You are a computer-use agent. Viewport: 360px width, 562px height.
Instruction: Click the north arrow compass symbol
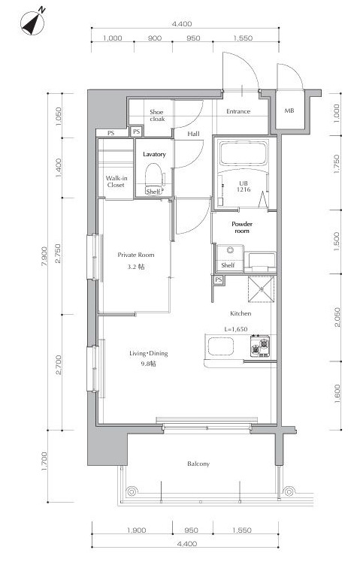pyautogui.click(x=33, y=23)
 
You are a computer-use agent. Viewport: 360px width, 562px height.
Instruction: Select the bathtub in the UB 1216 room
pyautogui.click(x=244, y=153)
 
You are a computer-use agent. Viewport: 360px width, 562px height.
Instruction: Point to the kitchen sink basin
pyautogui.click(x=220, y=346)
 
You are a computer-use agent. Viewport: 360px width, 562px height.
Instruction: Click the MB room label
pyautogui.click(x=289, y=110)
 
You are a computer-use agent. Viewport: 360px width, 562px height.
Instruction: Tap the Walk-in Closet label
pyautogui.click(x=116, y=181)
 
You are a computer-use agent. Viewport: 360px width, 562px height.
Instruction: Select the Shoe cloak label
pyautogui.click(x=156, y=116)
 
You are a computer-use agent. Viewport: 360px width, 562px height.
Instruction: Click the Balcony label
pyautogui.click(x=198, y=464)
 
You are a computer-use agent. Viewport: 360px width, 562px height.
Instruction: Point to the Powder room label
pyautogui.click(x=242, y=228)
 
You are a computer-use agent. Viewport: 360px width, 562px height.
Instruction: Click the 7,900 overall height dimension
pyautogui.click(x=44, y=256)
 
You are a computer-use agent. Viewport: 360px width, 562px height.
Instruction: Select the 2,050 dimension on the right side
pyautogui.click(x=337, y=317)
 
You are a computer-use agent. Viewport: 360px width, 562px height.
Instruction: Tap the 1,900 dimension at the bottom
pyautogui.click(x=136, y=530)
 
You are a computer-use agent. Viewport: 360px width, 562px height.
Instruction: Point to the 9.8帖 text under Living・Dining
pyautogui.click(x=149, y=364)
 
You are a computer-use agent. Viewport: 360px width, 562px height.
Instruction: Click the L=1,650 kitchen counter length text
pyautogui.click(x=236, y=329)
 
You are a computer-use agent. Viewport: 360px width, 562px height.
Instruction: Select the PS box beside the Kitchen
pyautogui.click(x=219, y=279)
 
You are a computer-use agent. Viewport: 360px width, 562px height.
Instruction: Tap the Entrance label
pyautogui.click(x=238, y=111)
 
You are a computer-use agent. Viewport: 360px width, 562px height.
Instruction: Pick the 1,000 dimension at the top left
pyautogui.click(x=112, y=38)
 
